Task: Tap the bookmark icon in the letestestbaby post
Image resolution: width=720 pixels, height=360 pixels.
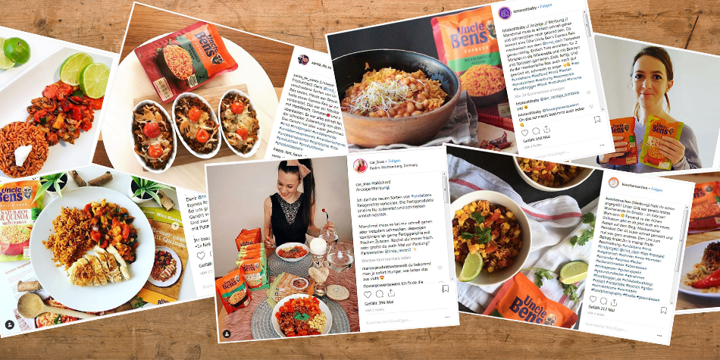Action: click(597, 120)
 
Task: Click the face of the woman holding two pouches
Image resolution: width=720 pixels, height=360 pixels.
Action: click(651, 73)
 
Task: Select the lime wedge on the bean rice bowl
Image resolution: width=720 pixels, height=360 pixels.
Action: click(470, 266)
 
